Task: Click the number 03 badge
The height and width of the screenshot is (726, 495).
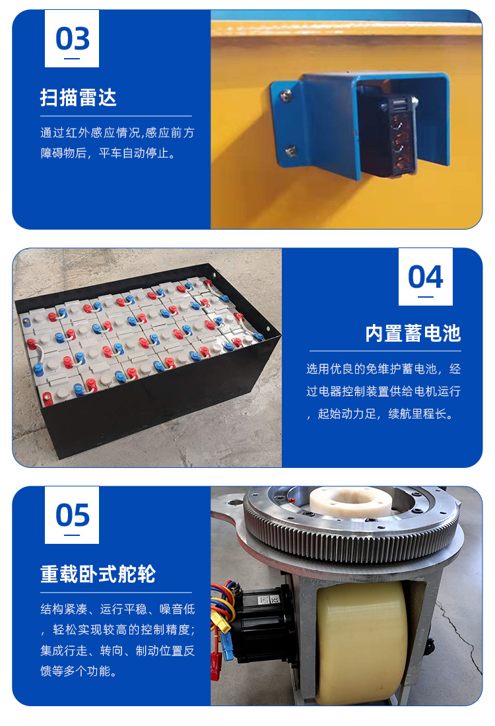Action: coord(72,38)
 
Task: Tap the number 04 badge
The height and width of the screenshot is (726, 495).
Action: coord(426,277)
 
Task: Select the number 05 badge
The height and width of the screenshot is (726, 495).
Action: coord(72,515)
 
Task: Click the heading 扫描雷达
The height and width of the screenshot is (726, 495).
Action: coord(79,98)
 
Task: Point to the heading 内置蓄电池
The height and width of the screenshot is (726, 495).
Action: coord(413,333)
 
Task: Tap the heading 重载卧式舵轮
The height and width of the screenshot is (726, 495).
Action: coord(98,574)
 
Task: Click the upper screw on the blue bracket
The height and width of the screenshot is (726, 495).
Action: coord(286,95)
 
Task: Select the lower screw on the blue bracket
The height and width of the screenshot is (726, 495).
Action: coord(290,150)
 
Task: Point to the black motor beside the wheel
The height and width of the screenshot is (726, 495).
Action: coord(264,620)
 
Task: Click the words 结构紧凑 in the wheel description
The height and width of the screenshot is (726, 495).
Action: coord(64,609)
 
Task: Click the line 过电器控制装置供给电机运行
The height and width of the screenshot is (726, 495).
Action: coord(383,391)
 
